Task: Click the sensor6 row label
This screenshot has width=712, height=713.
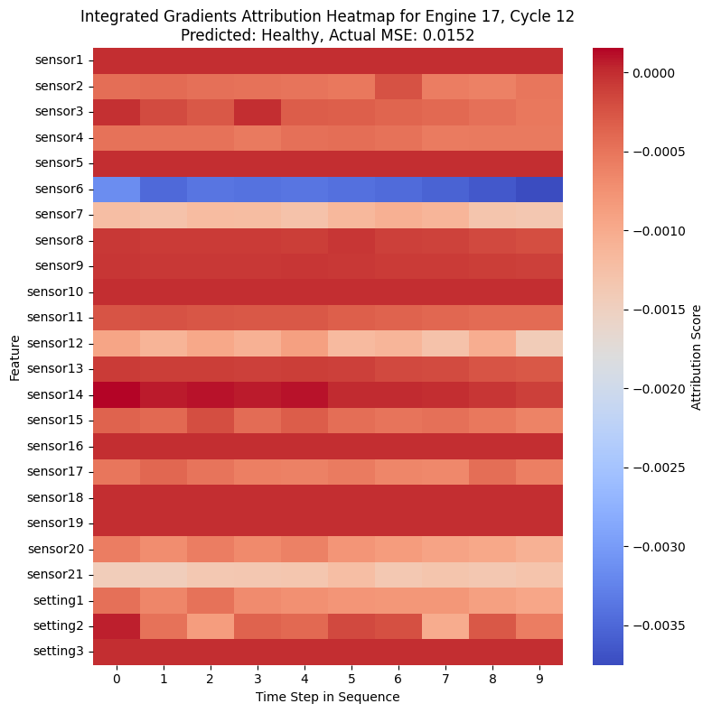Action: tap(61, 189)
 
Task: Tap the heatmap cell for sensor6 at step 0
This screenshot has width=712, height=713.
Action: tap(117, 189)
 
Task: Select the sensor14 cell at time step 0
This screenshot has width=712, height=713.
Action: tap(117, 394)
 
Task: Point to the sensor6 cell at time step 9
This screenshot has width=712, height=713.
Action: tap(539, 189)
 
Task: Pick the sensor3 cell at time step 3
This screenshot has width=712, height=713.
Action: tap(258, 112)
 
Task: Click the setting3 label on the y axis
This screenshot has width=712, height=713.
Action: tap(61, 652)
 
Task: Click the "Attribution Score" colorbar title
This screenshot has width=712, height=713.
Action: tap(697, 356)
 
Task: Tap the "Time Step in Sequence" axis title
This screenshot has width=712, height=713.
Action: tap(328, 697)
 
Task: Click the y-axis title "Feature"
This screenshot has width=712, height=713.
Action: tap(15, 356)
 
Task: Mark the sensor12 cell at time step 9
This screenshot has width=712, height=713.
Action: tap(539, 343)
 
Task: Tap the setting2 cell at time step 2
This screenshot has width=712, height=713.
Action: tap(211, 625)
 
